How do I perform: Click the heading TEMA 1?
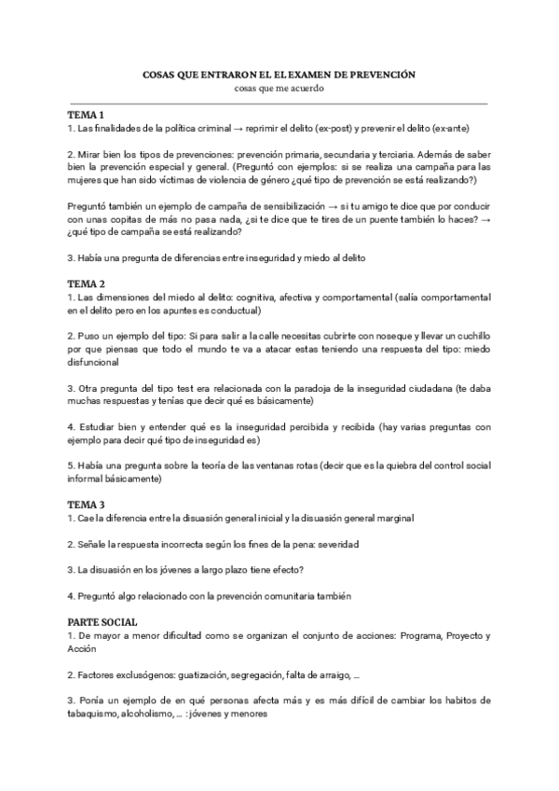[x=85, y=115]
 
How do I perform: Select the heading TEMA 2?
[x=85, y=283]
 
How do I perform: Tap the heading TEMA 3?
[x=85, y=505]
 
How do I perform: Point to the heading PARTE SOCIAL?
[x=102, y=621]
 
